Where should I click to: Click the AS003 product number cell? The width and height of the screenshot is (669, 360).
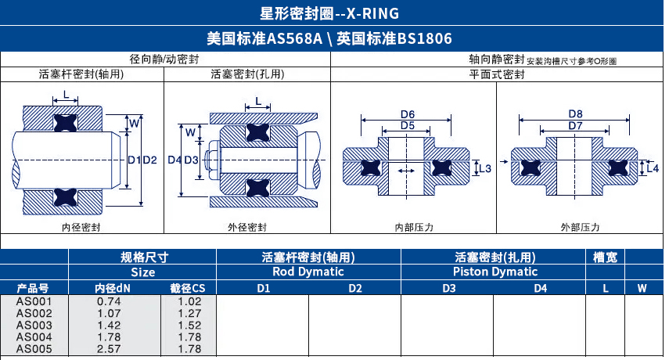tap(34, 325)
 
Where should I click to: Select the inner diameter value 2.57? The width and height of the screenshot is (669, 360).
tap(109, 348)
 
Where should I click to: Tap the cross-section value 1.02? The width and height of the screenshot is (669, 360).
tap(190, 301)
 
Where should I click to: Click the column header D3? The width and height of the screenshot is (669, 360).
tap(448, 289)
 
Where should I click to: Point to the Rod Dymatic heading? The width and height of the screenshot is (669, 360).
tap(308, 272)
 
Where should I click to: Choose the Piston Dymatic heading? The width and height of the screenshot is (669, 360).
tap(495, 272)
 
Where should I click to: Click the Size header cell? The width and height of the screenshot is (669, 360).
tap(142, 272)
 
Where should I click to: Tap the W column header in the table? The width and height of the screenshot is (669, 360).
tap(642, 289)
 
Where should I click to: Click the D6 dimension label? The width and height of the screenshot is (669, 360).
tap(407, 114)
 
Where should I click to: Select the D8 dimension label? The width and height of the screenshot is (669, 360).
tap(575, 114)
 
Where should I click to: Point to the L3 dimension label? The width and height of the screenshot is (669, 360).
tap(484, 168)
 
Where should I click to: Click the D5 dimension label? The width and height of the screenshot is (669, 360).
tap(407, 125)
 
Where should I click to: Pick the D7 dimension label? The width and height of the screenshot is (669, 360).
tap(575, 125)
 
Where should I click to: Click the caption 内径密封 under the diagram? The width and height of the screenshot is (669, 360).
tap(81, 227)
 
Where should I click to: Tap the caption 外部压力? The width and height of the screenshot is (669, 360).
tap(580, 227)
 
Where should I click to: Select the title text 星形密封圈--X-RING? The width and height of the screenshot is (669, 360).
tap(334, 13)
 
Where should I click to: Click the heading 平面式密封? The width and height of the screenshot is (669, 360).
tap(496, 74)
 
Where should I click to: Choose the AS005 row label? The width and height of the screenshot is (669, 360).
tap(34, 348)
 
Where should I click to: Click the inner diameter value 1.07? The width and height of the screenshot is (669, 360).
tap(109, 313)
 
